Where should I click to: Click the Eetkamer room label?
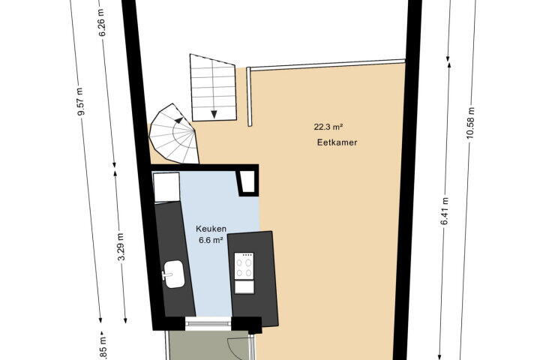point(337,142)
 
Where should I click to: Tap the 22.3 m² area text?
point(328,127)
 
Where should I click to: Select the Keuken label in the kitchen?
point(211,229)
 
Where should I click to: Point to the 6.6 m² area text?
point(211,240)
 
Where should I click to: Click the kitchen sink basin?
point(174,274)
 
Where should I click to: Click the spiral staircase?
point(174,133)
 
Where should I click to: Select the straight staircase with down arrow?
point(213,88)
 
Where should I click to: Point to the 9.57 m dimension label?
point(80,102)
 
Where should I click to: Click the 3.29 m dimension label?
point(121,247)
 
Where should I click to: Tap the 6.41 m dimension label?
point(445,211)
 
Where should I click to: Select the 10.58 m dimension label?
point(471,123)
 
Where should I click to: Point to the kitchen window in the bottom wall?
point(208,323)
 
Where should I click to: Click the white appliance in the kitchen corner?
point(166,187)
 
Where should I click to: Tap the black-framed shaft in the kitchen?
point(247,182)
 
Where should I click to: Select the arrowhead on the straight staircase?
point(214,114)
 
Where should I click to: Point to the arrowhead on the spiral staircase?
point(178,119)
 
